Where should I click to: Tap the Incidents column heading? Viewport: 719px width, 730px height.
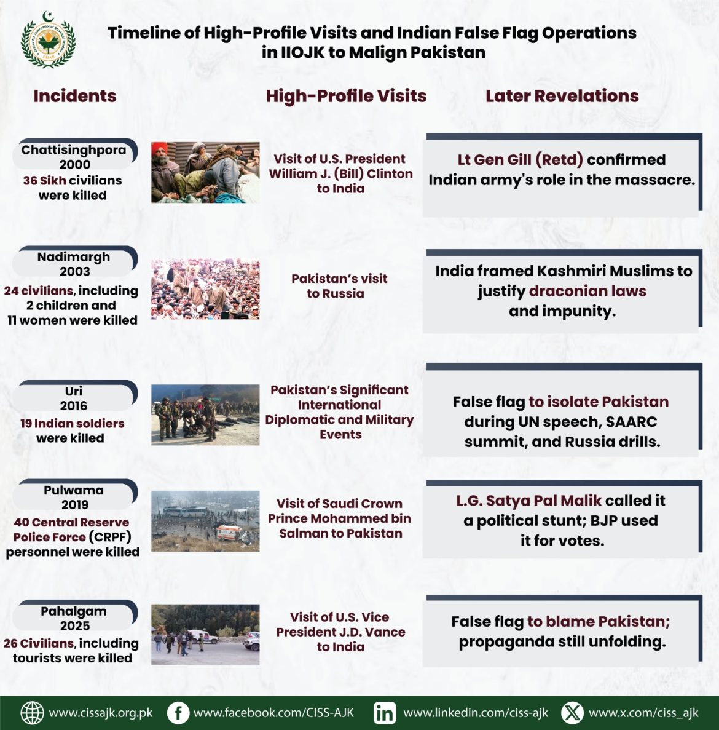click(x=75, y=96)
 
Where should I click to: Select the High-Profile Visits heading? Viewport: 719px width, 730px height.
click(x=346, y=96)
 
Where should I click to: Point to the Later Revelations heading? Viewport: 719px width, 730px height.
click(x=562, y=96)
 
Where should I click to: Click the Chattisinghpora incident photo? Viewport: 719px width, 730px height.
click(x=205, y=172)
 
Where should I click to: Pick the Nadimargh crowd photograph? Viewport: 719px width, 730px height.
click(x=205, y=289)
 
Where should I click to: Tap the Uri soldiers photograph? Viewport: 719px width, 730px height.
click(x=205, y=415)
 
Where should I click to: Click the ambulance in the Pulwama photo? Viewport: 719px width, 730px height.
click(x=229, y=533)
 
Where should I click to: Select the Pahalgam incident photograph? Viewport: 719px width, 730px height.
click(x=205, y=634)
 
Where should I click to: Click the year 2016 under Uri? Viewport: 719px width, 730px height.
click(x=74, y=406)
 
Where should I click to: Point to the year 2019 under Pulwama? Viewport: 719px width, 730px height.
click(x=74, y=505)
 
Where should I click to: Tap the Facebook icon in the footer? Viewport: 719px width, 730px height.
click(x=178, y=713)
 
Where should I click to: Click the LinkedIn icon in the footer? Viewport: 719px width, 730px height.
click(x=385, y=713)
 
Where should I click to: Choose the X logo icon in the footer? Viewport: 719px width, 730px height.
click(x=572, y=713)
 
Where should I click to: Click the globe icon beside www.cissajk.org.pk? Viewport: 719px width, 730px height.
click(x=33, y=713)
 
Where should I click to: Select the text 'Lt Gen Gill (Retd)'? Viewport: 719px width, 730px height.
click(x=520, y=160)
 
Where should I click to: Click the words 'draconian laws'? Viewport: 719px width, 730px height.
click(x=587, y=291)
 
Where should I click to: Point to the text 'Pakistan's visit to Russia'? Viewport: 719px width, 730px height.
click(x=339, y=286)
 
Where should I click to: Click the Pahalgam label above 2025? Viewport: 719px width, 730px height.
click(x=74, y=611)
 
